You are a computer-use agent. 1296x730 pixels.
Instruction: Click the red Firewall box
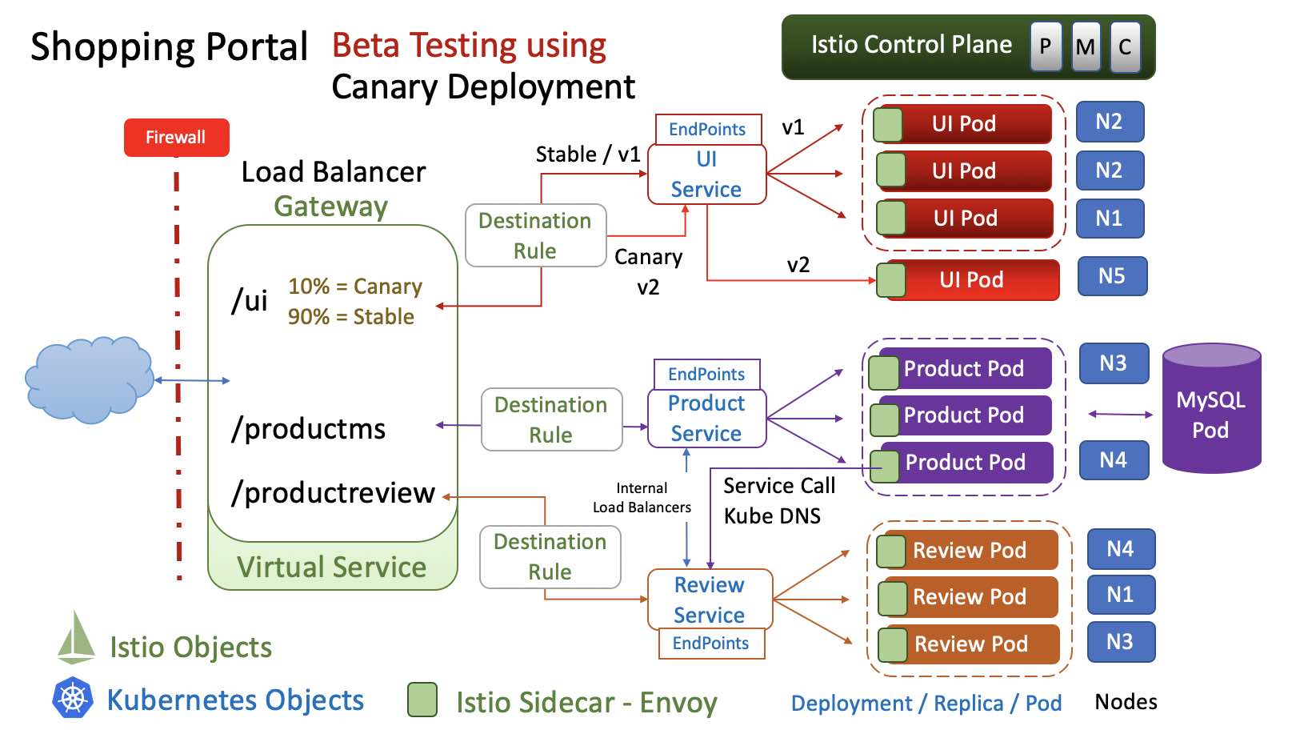point(176,138)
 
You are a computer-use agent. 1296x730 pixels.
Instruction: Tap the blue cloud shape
point(88,379)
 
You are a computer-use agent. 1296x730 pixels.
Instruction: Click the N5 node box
point(1112,276)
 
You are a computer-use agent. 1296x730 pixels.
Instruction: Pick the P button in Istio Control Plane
point(1046,47)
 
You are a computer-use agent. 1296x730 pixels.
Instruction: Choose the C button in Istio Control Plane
point(1125,47)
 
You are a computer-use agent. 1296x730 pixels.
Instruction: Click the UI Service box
point(706,174)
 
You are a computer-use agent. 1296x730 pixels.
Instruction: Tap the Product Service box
point(706,418)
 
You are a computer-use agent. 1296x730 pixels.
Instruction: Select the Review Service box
point(710,600)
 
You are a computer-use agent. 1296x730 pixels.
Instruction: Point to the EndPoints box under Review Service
point(711,644)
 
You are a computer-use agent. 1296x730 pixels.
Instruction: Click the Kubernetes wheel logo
point(73,698)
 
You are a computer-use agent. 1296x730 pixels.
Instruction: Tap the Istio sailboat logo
point(77,638)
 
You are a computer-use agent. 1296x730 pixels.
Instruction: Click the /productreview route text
point(333,493)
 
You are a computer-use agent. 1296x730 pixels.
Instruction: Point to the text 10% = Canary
point(355,287)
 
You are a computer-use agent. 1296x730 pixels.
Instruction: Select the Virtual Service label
point(332,568)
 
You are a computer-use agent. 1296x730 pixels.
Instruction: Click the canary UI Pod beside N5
point(972,280)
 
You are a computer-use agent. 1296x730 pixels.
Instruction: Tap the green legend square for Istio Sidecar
point(422,700)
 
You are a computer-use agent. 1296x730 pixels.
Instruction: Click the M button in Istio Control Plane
point(1086,47)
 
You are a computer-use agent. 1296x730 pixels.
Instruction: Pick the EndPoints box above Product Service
point(706,375)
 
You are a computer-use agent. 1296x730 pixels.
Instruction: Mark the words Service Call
point(779,486)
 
